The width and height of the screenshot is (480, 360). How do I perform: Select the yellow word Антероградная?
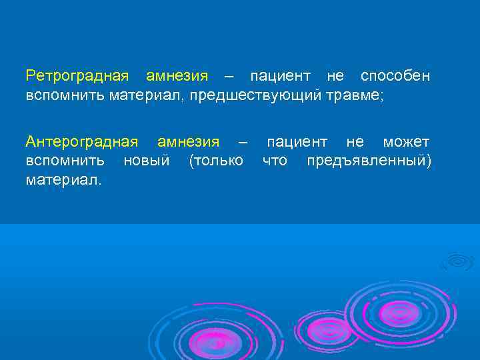click(x=82, y=142)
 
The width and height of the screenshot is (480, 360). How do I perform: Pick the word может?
click(x=406, y=142)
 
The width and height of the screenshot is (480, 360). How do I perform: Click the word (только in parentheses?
click(x=216, y=161)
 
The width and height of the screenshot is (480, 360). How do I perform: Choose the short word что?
click(x=275, y=161)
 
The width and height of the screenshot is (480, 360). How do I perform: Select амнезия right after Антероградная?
click(x=188, y=142)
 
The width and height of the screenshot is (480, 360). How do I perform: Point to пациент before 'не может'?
click(x=297, y=142)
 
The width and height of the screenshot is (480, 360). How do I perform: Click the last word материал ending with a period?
click(x=64, y=179)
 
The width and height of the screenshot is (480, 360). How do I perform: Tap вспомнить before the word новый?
click(x=65, y=161)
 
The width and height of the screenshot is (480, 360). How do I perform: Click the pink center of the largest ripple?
click(x=399, y=312)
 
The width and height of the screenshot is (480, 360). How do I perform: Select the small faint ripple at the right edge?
click(x=460, y=261)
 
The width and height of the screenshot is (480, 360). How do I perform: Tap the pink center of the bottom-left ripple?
click(x=215, y=343)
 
